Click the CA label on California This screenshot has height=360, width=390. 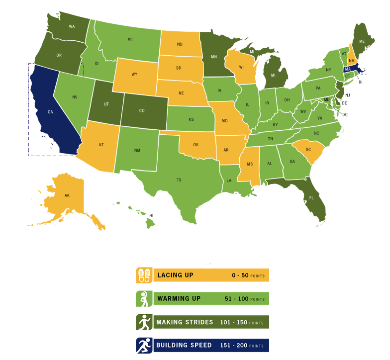pos(50,112)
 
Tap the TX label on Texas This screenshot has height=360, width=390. pos(179,180)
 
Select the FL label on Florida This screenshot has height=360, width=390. pos(312,197)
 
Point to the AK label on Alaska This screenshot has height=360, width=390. pos(67,195)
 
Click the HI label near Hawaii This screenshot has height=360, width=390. pos(152,215)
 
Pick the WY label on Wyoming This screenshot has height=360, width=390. pos(134,75)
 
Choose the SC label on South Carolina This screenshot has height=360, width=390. pos(308,150)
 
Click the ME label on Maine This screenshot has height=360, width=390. pos(362,41)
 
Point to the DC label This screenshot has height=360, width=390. pos(344,114)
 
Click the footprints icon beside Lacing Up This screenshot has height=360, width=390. pos(144,275)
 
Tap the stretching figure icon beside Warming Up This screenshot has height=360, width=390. pos(144,299)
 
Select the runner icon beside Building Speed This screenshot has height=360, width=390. pos(144,346)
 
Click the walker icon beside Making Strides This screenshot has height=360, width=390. pos(144,322)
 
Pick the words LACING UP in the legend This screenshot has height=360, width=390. pos(175,275)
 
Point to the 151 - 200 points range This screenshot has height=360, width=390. pos(242,346)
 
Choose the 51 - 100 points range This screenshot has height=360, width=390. pos(244,299)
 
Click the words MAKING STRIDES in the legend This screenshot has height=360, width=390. pos(184,322)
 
